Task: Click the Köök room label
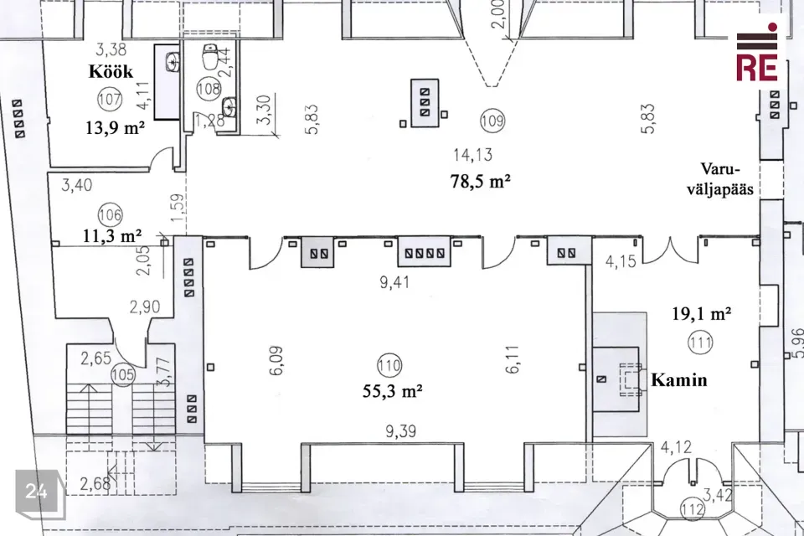click(111, 71)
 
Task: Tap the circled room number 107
click(109, 99)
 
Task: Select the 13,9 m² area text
click(115, 126)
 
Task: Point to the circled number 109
click(492, 121)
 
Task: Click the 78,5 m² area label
click(481, 181)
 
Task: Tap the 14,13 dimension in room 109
click(472, 154)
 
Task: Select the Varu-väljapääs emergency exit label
click(720, 179)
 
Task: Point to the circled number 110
click(389, 366)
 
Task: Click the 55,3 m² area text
click(392, 391)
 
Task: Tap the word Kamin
click(679, 380)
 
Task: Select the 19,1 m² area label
click(702, 313)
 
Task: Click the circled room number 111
click(700, 342)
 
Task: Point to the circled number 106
click(111, 215)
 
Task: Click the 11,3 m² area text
click(112, 236)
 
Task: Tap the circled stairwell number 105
click(122, 375)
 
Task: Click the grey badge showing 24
click(39, 493)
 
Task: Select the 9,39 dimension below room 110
click(400, 431)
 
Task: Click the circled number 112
click(693, 511)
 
